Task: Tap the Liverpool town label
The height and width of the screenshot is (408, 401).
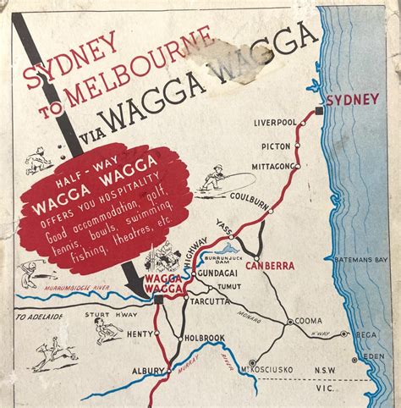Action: (275, 124)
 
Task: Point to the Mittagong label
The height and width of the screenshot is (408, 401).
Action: (270, 165)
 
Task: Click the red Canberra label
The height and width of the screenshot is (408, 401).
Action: (269, 266)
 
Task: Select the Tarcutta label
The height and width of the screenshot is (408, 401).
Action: (207, 301)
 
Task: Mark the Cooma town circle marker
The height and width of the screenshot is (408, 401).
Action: (290, 322)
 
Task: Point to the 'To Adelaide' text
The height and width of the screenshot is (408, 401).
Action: (39, 317)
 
